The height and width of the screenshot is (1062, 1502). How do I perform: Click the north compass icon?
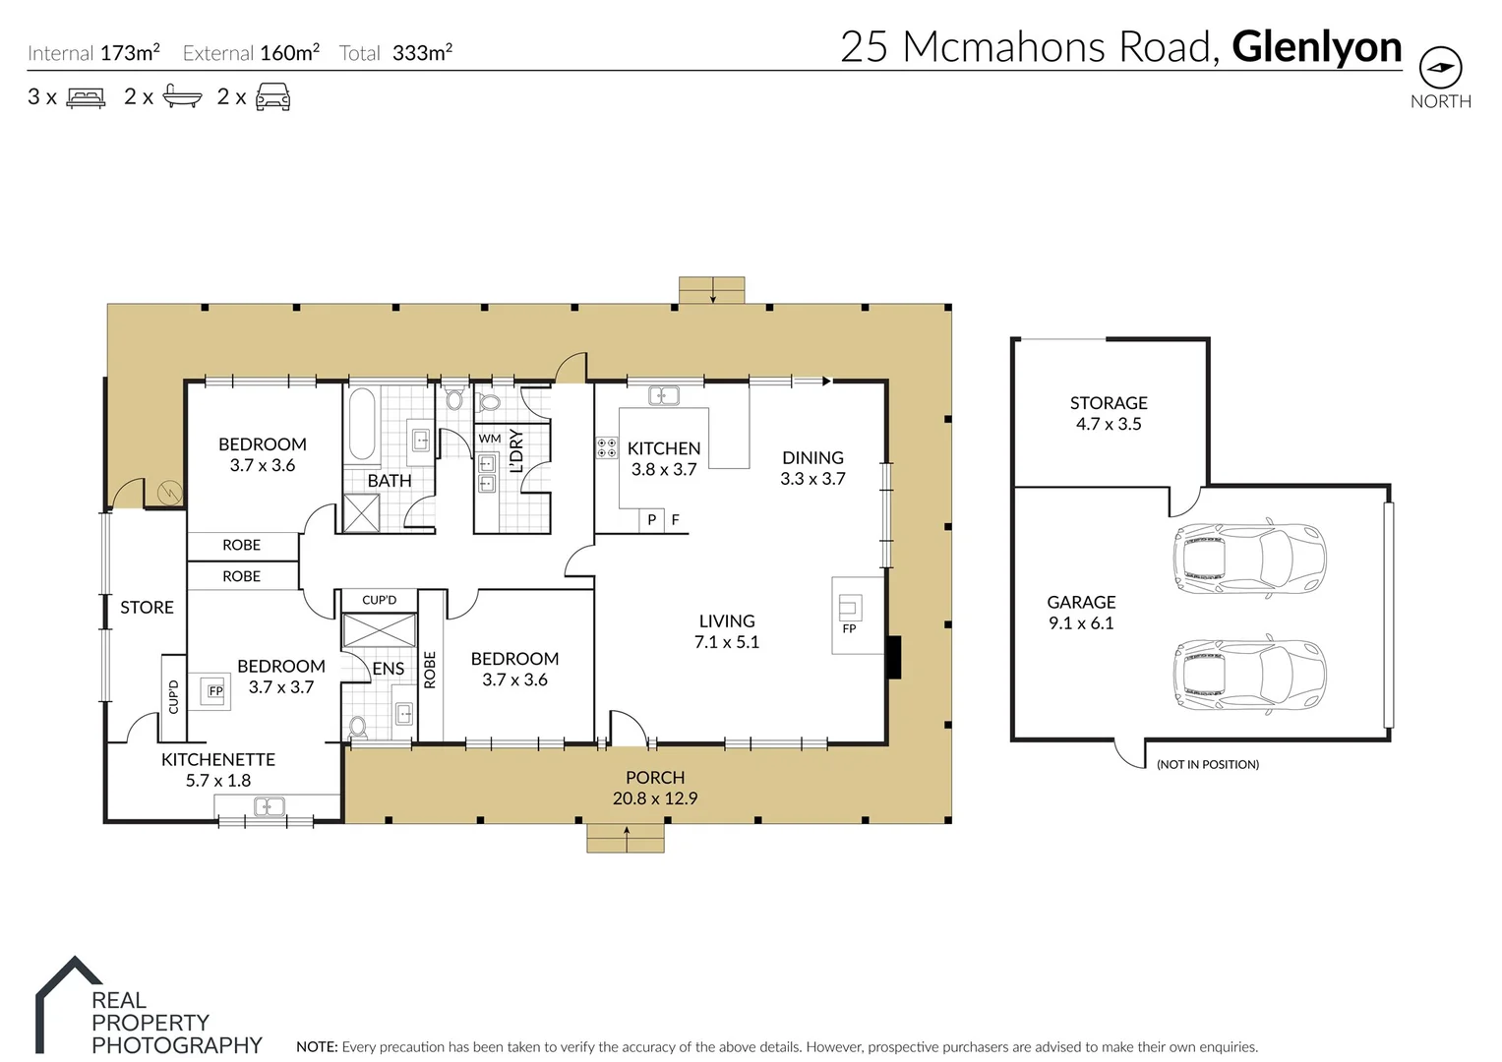point(1440,68)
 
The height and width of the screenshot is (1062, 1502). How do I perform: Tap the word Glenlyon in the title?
point(1316,46)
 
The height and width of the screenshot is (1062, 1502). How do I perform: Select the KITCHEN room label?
point(664,449)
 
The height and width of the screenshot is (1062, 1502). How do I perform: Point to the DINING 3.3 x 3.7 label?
point(812,468)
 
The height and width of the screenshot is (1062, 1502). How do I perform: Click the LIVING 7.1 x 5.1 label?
point(727,631)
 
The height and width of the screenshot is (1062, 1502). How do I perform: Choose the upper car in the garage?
point(1249,558)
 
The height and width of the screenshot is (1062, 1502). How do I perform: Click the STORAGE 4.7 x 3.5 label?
point(1109,413)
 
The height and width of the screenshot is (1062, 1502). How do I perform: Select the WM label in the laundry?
point(490,439)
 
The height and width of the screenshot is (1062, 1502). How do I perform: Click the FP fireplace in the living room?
point(850,614)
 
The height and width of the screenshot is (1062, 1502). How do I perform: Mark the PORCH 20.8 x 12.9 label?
point(655,788)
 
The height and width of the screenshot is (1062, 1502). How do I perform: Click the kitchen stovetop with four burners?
point(607,448)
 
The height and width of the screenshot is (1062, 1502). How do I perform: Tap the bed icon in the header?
point(86,97)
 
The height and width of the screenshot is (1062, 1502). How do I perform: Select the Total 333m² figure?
point(396,53)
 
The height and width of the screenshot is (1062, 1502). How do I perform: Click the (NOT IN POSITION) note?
point(1208,764)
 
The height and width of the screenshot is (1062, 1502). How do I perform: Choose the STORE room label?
point(147,608)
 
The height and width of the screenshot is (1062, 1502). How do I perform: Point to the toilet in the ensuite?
point(358,727)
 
